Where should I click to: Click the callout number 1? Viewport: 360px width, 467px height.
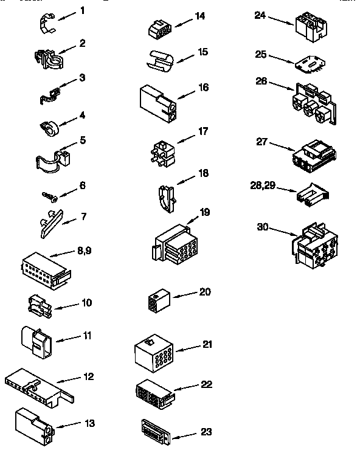[x=82, y=10]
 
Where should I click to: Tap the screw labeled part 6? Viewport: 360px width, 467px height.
[x=47, y=196]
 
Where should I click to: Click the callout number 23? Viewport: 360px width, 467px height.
[x=206, y=432]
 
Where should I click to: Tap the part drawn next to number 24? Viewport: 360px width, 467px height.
[x=310, y=25]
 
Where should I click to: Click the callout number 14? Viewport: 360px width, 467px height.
[x=200, y=16]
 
